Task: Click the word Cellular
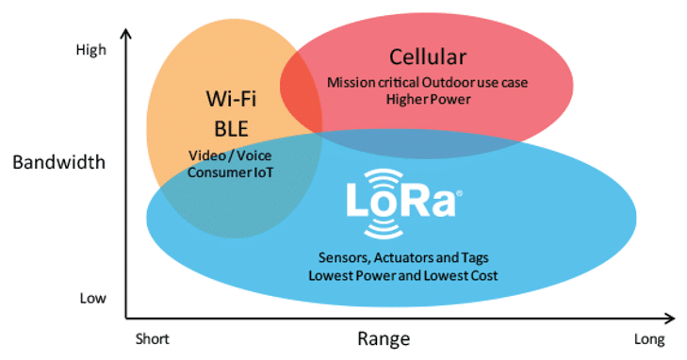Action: pyautogui.click(x=427, y=56)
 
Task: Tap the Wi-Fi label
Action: pyautogui.click(x=231, y=98)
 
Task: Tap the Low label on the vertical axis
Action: pyautogui.click(x=91, y=299)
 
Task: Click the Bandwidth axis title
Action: pyautogui.click(x=58, y=162)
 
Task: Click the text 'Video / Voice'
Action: pyautogui.click(x=231, y=155)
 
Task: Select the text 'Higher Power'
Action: pyautogui.click(x=426, y=99)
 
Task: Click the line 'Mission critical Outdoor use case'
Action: pyautogui.click(x=427, y=82)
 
